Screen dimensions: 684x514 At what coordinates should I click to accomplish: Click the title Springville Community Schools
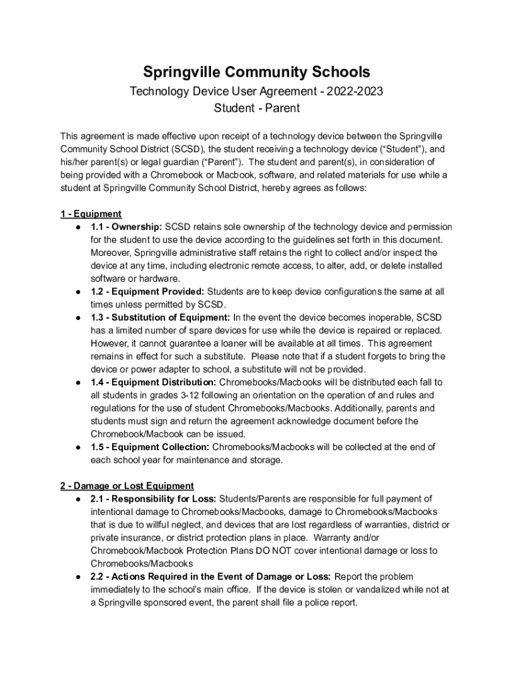[x=256, y=71]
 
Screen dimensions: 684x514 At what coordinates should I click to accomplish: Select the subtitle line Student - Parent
[x=256, y=108]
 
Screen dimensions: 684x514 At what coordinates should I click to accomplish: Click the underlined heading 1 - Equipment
[x=91, y=214]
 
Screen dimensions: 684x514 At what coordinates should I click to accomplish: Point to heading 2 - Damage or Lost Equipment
[x=127, y=486]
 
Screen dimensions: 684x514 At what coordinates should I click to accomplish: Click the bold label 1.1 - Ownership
[x=126, y=227]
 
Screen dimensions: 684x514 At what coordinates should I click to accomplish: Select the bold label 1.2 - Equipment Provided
[x=148, y=292]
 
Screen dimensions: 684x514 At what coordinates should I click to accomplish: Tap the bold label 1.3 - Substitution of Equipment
[x=160, y=317]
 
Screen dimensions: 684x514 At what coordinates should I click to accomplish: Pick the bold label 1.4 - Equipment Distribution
[x=154, y=382]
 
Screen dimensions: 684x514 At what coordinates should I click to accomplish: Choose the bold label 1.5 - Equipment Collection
[x=150, y=447]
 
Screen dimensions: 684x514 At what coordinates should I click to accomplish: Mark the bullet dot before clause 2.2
[x=78, y=576]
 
